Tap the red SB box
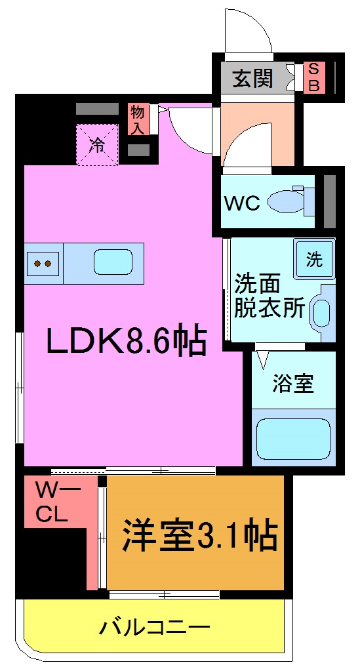click(x=313, y=77)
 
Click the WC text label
click(x=242, y=203)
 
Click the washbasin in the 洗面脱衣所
click(x=321, y=313)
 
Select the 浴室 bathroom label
click(x=293, y=384)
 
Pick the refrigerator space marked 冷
click(x=97, y=145)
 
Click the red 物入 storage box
click(x=138, y=119)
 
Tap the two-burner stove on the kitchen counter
click(x=43, y=264)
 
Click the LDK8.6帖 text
click(x=127, y=340)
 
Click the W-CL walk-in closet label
click(x=52, y=502)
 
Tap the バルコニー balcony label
click(x=155, y=628)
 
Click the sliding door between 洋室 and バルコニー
click(x=164, y=594)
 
